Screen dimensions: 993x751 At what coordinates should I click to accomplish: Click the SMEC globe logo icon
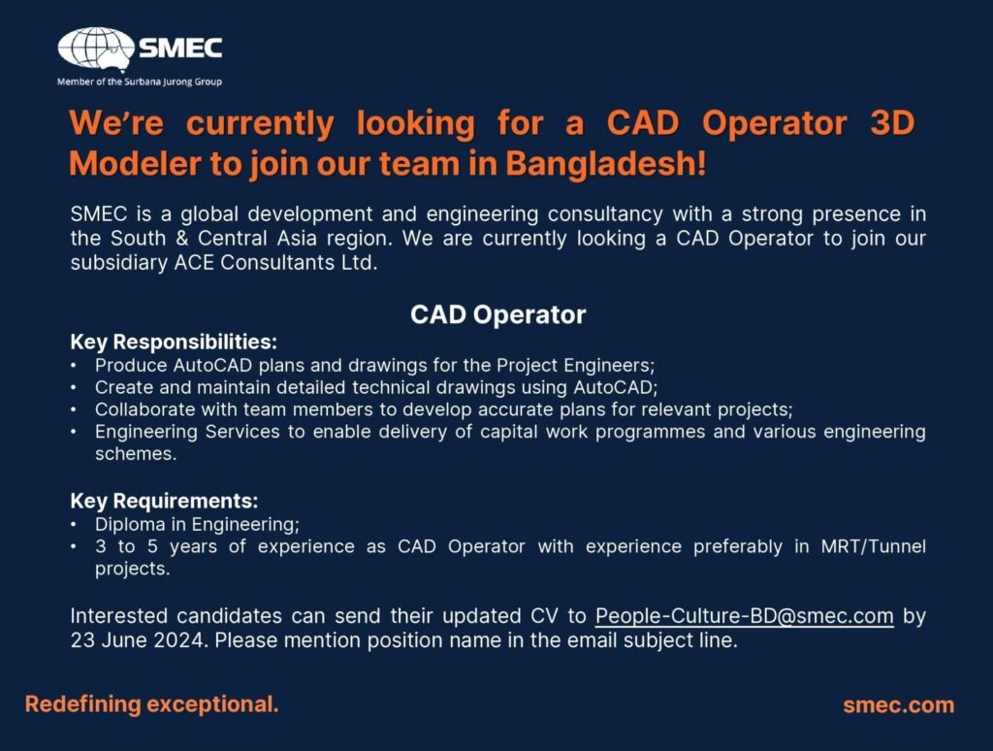point(96,49)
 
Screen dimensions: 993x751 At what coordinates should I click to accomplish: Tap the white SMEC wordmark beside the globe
point(180,49)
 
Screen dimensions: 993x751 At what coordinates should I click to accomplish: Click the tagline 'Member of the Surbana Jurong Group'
point(140,82)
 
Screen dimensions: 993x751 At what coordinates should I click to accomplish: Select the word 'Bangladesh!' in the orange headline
point(605,164)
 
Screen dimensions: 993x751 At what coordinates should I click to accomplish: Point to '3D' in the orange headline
point(892,122)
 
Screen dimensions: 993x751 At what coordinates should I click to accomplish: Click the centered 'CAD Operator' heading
point(497,314)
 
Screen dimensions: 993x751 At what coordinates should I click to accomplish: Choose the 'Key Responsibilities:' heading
point(174,343)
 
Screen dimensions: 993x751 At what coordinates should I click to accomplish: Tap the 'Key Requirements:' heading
point(164,501)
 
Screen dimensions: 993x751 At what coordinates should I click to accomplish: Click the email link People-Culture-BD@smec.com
point(744,616)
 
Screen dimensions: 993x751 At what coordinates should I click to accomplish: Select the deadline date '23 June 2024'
point(138,640)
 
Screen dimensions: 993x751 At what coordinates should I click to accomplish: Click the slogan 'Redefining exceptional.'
point(152,704)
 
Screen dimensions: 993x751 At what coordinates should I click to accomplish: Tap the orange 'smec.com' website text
point(899,705)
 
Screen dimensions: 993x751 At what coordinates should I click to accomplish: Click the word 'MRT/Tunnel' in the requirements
point(874,546)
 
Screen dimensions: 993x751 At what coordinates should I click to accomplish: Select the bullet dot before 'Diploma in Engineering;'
point(74,525)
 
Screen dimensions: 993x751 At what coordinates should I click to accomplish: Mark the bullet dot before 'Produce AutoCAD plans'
point(74,366)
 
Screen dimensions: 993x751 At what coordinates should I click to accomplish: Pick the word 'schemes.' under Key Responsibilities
point(136,454)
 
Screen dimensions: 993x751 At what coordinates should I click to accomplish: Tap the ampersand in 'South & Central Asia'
point(181,239)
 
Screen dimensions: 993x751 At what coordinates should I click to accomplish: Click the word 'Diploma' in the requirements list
point(130,525)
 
